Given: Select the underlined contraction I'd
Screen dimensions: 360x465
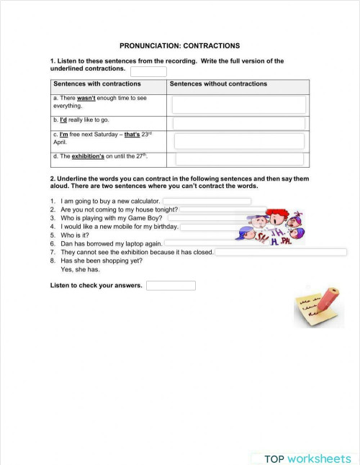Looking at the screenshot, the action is click(63, 119).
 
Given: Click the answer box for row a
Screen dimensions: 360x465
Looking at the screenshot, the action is click(239, 104).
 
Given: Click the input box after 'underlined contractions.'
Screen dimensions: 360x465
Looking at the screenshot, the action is click(148, 71).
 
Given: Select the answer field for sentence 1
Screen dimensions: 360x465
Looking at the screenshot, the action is click(207, 202).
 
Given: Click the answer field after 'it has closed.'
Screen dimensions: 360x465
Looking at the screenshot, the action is click(281, 252).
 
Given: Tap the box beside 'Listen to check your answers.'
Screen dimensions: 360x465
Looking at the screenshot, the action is click(171, 286).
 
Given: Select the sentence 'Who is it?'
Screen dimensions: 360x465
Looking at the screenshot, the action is click(75, 235).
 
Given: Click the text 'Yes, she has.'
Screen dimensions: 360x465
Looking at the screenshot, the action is click(81, 270).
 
